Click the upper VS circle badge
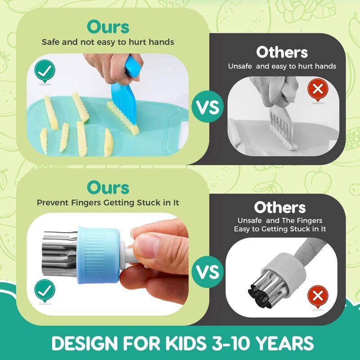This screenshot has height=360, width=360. tap(207, 107)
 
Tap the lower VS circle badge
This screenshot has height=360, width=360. tap(207, 272)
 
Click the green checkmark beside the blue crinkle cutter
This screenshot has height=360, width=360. tap(45, 71)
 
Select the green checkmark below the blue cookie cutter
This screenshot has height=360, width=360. tap(45, 290)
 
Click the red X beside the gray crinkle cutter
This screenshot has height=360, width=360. tap(318, 89)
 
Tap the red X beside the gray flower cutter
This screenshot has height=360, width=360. tap(318, 296)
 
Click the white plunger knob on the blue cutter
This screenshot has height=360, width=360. tap(126, 255)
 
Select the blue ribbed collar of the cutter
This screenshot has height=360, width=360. tap(98, 255)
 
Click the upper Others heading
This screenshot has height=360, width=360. tap(282, 52)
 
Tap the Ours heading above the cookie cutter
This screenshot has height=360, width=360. tap(108, 188)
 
